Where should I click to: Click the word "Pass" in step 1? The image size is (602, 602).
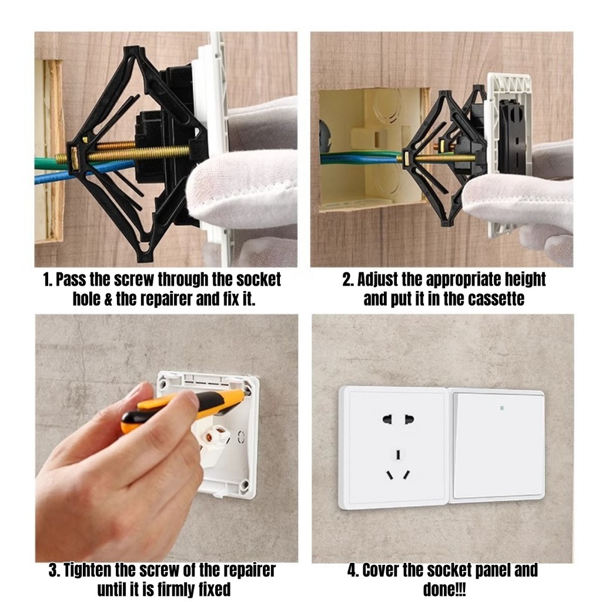[71, 279]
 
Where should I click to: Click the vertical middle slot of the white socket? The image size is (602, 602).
[398, 454]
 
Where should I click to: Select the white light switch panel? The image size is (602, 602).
[497, 446]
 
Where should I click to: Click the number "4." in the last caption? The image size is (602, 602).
[353, 570]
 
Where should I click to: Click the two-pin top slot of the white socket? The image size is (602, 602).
[399, 419]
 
